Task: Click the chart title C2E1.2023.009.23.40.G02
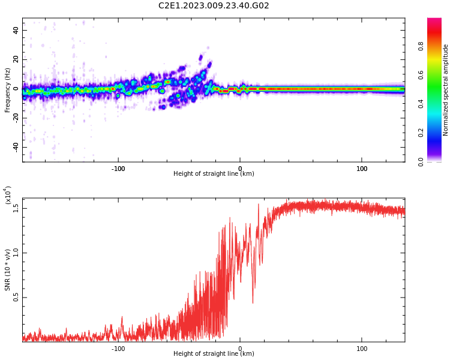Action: pyautogui.click(x=214, y=5)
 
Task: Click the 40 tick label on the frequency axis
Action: pyautogui.click(x=16, y=30)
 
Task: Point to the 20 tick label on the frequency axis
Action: pyautogui.click(x=16, y=59)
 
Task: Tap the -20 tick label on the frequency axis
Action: pyautogui.click(x=16, y=118)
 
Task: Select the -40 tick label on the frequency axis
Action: pyautogui.click(x=16, y=148)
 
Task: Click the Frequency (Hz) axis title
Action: pyautogui.click(x=7, y=90)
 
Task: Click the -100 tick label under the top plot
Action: pyautogui.click(x=118, y=169)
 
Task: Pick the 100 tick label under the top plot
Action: pyautogui.click(x=362, y=169)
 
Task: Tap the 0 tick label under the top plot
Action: pyautogui.click(x=240, y=169)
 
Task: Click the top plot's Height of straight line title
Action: pyautogui.click(x=214, y=173)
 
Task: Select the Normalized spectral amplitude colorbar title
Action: pyautogui.click(x=445, y=90)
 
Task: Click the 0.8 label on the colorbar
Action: pyautogui.click(x=421, y=46)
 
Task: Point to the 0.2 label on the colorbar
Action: pyautogui.click(x=421, y=133)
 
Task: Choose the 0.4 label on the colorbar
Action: pyautogui.click(x=421, y=104)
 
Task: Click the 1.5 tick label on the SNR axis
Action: pyautogui.click(x=16, y=208)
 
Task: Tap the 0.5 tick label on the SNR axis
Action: pyautogui.click(x=16, y=298)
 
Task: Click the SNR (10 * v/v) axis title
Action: pyautogui.click(x=7, y=270)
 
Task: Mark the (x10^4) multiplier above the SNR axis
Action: pyautogui.click(x=7, y=195)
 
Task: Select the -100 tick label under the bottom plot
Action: pyautogui.click(x=118, y=349)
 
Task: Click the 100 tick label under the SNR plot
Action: pyautogui.click(x=362, y=349)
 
